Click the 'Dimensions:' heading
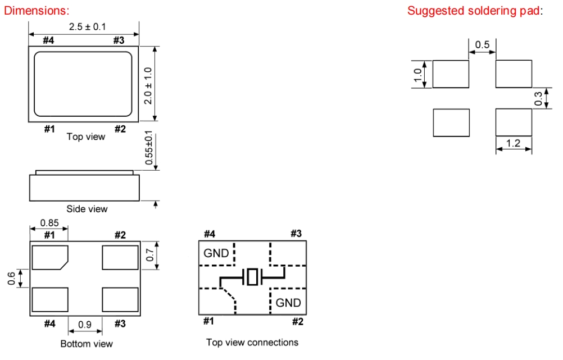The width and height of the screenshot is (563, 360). tap(37, 11)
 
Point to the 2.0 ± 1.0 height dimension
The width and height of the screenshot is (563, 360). tap(148, 85)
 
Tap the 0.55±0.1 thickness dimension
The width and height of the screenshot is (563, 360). tap(148, 148)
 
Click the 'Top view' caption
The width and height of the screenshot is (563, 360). tap(85, 136)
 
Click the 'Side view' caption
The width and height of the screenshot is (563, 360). tap(87, 209)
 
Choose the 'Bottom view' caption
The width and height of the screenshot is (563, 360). tap(86, 344)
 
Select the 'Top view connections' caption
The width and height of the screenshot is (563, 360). tap(252, 342)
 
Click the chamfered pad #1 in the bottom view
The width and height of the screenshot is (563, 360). tap(49, 257)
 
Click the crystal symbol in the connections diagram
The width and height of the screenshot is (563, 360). tap(252, 277)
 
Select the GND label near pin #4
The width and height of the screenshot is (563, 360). tap(216, 253)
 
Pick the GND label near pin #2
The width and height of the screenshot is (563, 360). tap(288, 303)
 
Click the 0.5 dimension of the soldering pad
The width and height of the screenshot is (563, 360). tap(482, 44)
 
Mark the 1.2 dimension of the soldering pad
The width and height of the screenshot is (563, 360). tap(513, 143)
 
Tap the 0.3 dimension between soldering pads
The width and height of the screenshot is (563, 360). tap(539, 99)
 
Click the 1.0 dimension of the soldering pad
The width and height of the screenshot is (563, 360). tap(417, 74)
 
